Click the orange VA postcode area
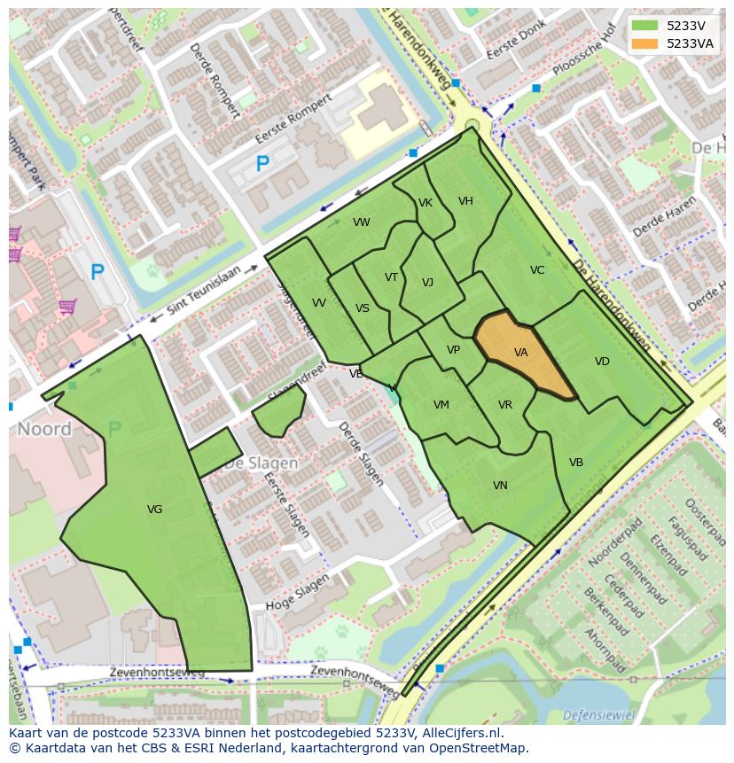click(523, 354)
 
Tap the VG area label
click(154, 510)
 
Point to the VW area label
click(361, 222)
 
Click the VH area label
click(465, 201)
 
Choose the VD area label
click(602, 362)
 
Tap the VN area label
click(500, 486)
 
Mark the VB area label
click(576, 463)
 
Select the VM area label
click(441, 405)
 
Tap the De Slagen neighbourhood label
click(261, 463)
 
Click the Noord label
click(44, 430)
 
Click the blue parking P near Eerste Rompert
click(262, 164)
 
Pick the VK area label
click(426, 203)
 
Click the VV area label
click(319, 303)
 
